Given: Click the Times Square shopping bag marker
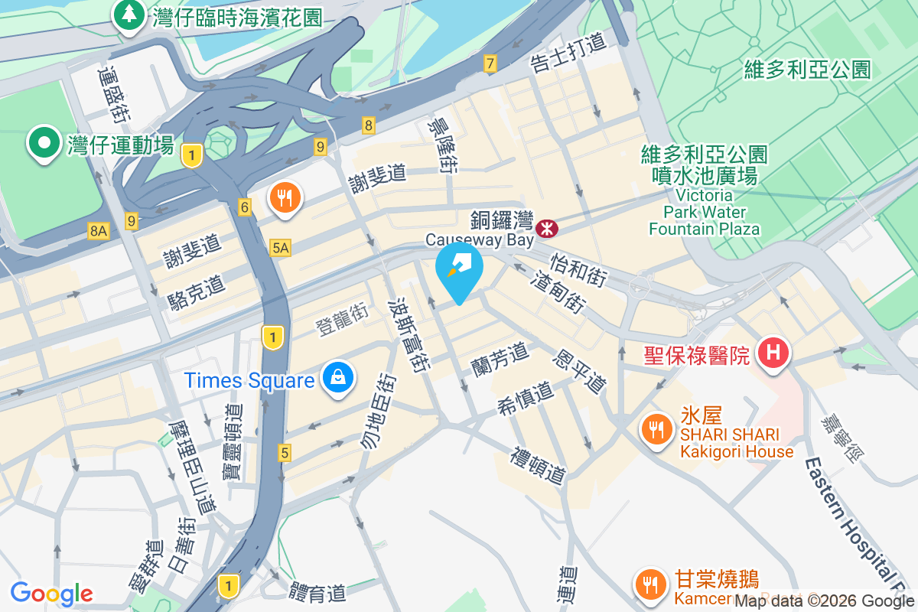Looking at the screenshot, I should click(x=336, y=376).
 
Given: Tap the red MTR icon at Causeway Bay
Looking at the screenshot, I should click(x=547, y=227).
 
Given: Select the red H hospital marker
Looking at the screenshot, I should click(x=773, y=353).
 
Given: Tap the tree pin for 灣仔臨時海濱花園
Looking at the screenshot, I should click(x=129, y=15).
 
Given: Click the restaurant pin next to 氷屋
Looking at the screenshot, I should click(x=656, y=428).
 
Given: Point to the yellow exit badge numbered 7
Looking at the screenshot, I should click(x=490, y=63).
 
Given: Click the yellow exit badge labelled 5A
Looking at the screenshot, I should click(x=281, y=247).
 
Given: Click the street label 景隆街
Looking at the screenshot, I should click(x=443, y=145).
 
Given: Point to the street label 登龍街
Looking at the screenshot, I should click(x=342, y=320).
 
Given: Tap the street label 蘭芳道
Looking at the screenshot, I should click(x=500, y=359).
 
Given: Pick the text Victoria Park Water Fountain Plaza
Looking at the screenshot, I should click(x=704, y=211).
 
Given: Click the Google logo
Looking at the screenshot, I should click(x=51, y=593).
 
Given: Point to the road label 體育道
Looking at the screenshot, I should click(x=317, y=591).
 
